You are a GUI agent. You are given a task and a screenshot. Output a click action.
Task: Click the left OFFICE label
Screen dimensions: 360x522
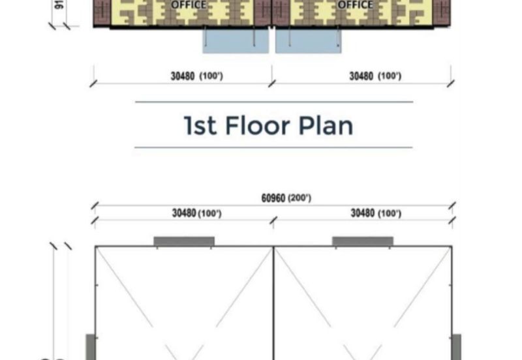click(188, 5)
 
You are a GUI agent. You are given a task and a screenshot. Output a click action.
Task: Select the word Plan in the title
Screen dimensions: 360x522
click(326, 125)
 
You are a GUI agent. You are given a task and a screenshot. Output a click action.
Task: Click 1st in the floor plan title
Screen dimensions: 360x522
click(200, 125)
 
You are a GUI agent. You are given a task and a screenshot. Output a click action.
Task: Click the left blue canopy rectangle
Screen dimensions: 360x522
click(236, 40)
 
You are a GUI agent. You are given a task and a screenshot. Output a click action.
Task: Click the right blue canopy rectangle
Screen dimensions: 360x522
click(309, 40)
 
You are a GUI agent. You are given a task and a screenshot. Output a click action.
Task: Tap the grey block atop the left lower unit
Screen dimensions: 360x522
click(184, 241)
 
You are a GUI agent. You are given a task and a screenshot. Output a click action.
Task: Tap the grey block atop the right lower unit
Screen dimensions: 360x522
click(363, 241)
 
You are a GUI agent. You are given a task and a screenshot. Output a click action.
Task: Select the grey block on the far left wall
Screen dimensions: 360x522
click(91, 346)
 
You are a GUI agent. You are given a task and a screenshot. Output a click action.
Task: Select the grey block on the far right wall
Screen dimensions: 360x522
click(456, 346)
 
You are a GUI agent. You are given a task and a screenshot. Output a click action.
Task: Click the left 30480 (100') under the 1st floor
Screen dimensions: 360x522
click(196, 76)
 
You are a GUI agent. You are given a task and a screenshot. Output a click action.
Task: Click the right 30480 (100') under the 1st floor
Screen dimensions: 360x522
click(375, 76)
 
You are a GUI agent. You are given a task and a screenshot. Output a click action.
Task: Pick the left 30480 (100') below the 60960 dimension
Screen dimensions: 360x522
click(196, 213)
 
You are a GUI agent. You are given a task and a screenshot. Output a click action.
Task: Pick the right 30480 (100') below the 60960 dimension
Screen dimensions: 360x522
click(375, 213)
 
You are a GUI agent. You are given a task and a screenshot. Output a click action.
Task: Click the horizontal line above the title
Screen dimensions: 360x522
click(273, 102)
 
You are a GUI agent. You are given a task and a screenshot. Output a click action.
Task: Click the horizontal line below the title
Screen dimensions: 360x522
click(273, 147)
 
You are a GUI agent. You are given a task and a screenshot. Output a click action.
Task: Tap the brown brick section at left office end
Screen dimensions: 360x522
click(102, 12)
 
